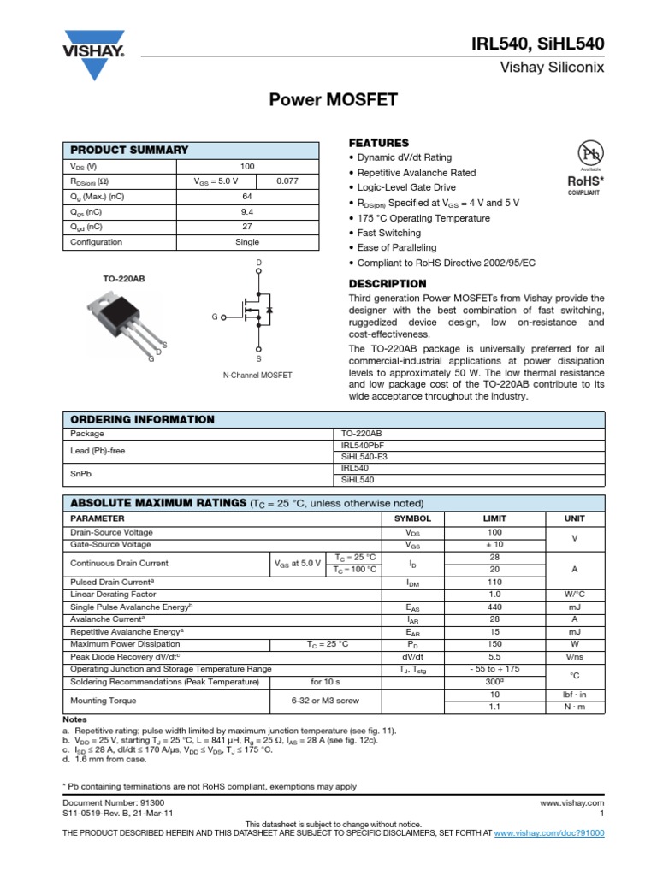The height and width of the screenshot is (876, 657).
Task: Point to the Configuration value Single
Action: coord(247,242)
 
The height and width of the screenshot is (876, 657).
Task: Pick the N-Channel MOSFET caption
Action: coord(257,376)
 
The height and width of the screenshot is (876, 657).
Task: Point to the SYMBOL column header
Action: coord(412,518)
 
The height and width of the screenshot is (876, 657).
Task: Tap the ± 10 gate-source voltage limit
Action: coord(494,544)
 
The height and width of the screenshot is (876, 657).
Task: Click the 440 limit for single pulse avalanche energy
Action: coord(494,607)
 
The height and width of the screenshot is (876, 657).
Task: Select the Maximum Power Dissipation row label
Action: coord(125,644)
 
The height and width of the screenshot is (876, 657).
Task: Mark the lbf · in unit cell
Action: coord(574,695)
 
